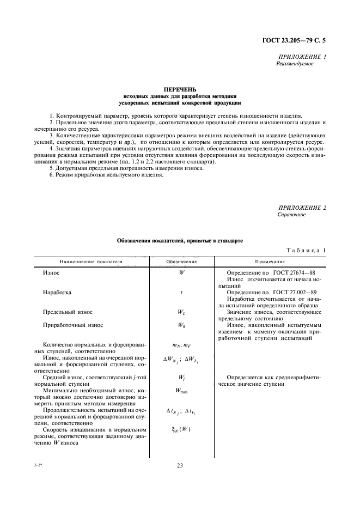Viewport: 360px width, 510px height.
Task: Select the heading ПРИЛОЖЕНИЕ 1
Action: pos(302,57)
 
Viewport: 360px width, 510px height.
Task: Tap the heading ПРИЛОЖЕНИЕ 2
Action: pos(302,208)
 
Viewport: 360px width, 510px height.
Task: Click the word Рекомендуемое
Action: pos(296,64)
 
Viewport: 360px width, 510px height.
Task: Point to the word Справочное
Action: pos(292,215)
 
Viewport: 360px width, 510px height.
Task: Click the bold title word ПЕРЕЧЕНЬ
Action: pos(180,89)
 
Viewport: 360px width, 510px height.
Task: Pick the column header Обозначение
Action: pos(181,261)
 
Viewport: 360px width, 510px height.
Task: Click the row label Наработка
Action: pos(57,292)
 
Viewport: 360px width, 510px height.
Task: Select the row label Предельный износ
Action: pos(68,312)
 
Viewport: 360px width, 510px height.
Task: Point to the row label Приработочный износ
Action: pos(73,325)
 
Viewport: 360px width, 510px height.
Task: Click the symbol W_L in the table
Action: pos(181,312)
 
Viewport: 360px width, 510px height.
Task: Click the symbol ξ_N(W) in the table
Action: pos(181,429)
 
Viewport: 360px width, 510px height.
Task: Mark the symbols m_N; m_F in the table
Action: pos(181,344)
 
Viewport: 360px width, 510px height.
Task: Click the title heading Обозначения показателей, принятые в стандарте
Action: pos(180,240)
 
